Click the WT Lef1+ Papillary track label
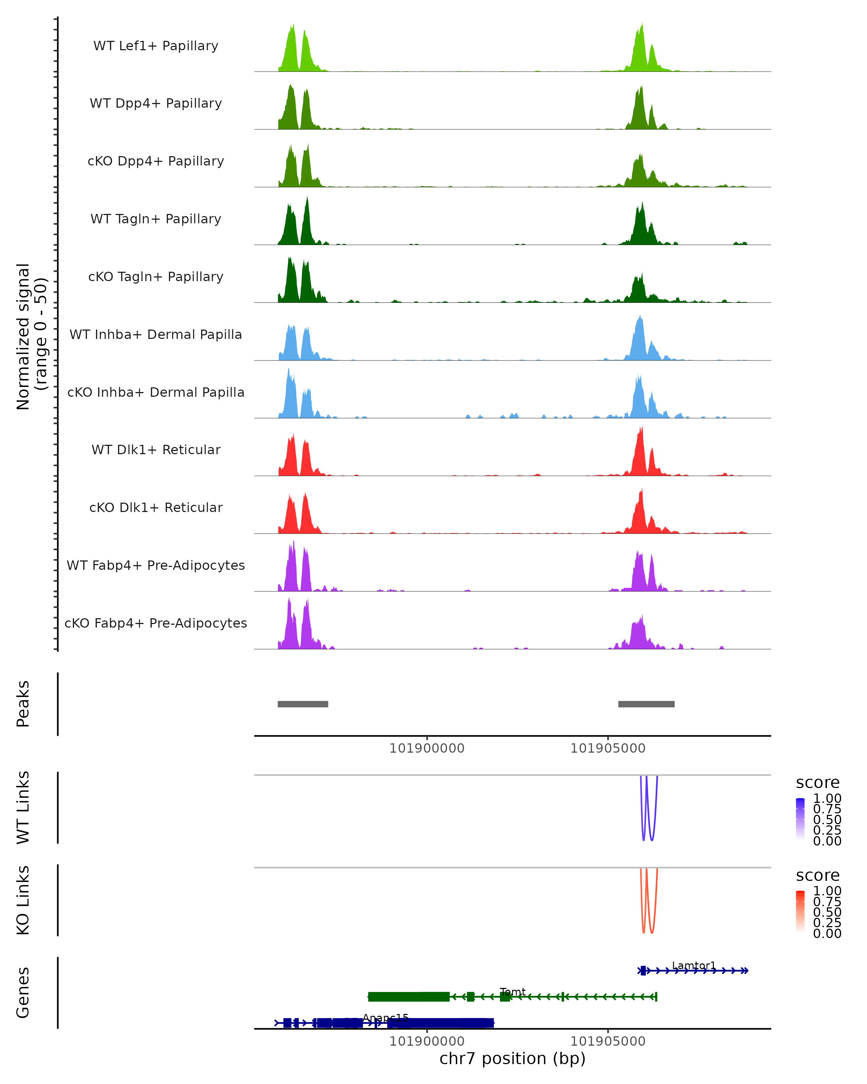click(x=156, y=46)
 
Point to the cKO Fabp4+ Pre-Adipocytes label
click(x=156, y=623)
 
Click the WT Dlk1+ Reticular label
click(x=156, y=449)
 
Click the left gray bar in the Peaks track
click(x=303, y=704)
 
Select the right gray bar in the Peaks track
click(x=646, y=704)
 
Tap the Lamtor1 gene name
click(x=694, y=965)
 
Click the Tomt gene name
click(x=512, y=991)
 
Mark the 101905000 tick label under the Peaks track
click(x=608, y=748)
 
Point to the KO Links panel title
click(x=23, y=900)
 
